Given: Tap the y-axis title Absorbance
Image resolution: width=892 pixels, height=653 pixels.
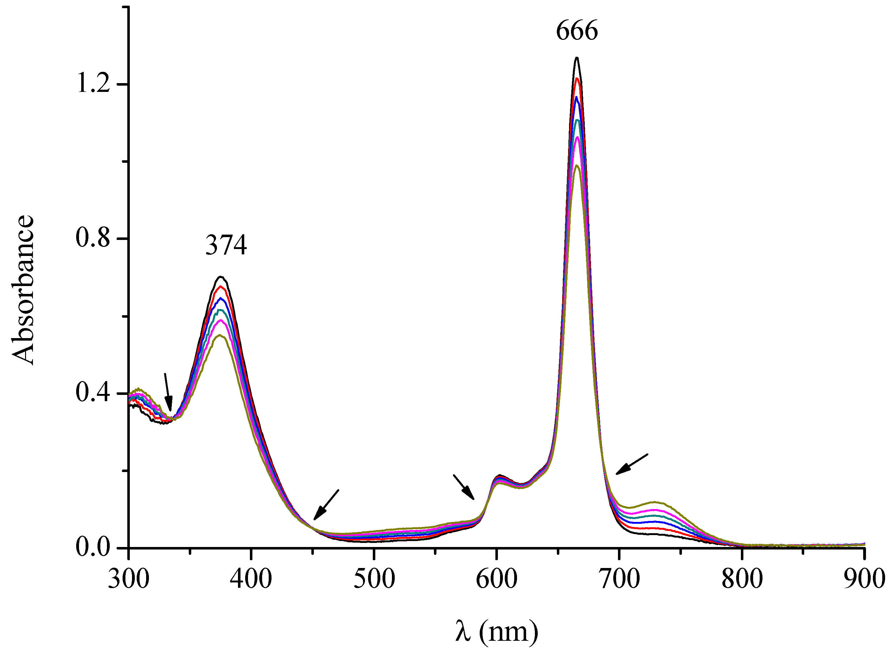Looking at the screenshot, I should (x=23, y=290).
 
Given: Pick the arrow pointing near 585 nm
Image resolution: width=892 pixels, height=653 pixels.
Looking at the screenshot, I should (x=463, y=487).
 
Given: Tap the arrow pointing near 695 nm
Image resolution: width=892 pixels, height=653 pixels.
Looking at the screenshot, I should (x=632, y=464).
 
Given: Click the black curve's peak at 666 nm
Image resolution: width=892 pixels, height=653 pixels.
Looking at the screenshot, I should (x=577, y=58).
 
